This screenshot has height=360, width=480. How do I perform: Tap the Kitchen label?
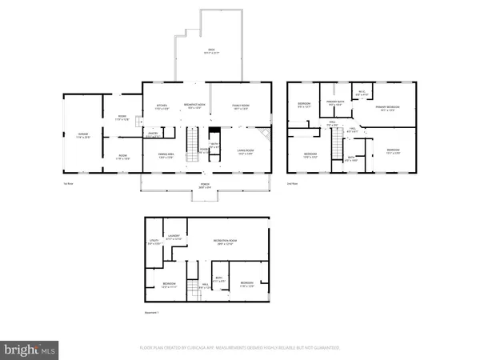(161, 106)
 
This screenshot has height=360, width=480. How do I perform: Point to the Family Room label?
(241, 106)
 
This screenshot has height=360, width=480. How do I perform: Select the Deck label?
(211, 52)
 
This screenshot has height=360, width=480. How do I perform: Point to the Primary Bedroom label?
(388, 108)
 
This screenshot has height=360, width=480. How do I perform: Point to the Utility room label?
(154, 242)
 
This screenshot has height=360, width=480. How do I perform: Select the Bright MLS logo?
(30, 349)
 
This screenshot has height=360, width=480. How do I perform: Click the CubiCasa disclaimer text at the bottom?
(240, 349)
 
